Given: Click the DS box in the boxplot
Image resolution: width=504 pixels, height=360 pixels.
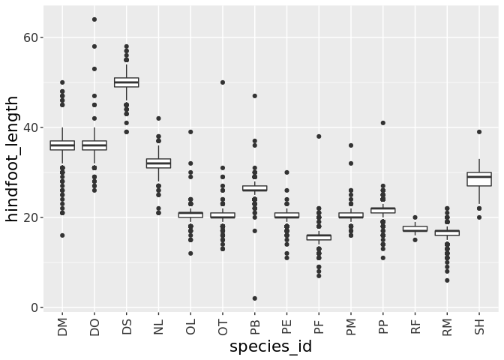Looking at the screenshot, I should coord(126,82).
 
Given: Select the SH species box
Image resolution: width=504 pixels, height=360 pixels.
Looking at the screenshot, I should coord(479,178).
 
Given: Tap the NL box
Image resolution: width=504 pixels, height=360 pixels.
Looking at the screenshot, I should coord(158,163).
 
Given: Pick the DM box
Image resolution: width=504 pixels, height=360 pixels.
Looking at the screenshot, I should coord(62,145).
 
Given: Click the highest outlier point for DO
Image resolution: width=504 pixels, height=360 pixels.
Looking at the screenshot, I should coord(94,19).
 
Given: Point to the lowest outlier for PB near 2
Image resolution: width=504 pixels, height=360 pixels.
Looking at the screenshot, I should coord(255,298).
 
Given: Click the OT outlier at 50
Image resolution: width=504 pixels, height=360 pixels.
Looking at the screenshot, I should coord(223,82).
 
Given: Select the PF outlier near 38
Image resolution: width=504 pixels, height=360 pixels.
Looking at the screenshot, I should coord(319,136).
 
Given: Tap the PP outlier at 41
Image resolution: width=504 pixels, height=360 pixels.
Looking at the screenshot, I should coord(383,123).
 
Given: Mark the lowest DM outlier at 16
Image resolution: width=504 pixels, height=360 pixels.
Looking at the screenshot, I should coord(62,235).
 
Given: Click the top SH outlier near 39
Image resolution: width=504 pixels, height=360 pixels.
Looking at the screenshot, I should coord(479,132).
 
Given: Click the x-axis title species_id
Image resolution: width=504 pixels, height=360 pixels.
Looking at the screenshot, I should coord(271,347).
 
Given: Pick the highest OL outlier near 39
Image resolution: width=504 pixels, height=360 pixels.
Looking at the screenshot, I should coord(190,132).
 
